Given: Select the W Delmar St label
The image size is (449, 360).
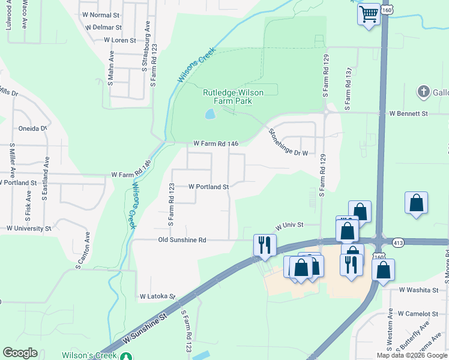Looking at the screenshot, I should [x=104, y=28].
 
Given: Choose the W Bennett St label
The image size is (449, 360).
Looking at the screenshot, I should [x=408, y=113].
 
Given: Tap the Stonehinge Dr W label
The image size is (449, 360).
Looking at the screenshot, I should [x=288, y=143].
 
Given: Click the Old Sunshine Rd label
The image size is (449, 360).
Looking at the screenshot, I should [x=182, y=240].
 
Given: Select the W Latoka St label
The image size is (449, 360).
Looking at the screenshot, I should [x=157, y=296].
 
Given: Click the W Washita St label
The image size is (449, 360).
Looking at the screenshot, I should [x=419, y=290].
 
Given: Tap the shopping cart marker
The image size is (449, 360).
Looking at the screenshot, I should [x=369, y=13].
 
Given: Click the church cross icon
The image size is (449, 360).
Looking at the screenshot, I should [x=423, y=92].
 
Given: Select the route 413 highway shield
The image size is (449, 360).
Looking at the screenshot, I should [x=399, y=242].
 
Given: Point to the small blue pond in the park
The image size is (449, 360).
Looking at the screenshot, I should [x=209, y=113].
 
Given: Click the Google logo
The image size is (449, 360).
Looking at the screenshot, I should [x=20, y=353].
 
